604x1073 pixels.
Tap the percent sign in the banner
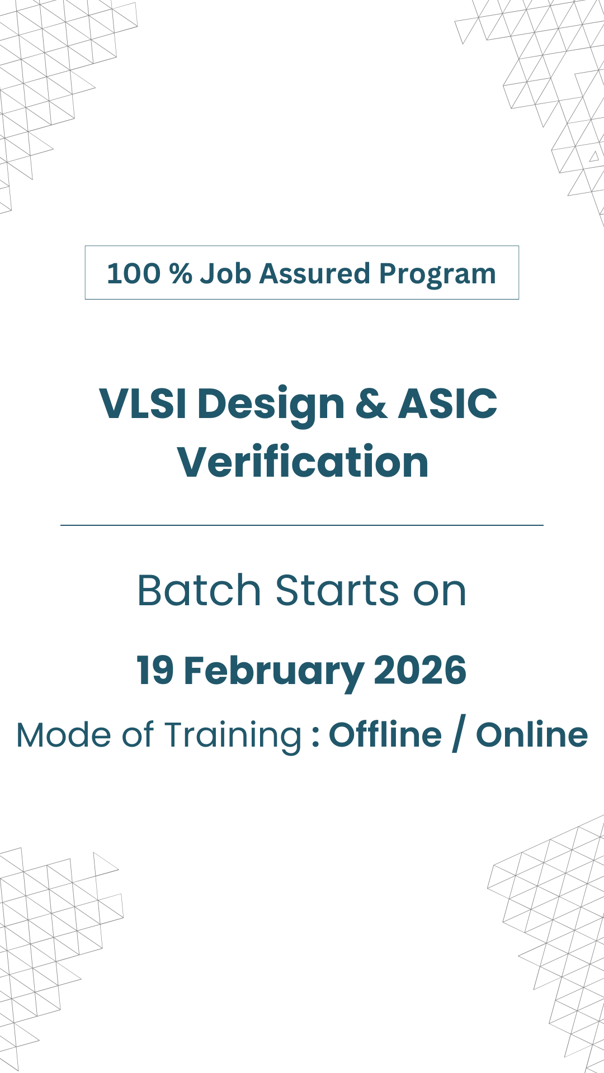[181, 274]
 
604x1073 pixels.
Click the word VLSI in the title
[143, 403]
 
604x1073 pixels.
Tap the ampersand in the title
[371, 403]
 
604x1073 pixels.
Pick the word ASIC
[447, 403]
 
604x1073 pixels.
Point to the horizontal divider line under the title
[302, 525]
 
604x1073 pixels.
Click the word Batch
[199, 590]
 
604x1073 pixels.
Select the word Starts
[337, 590]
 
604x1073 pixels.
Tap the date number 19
[154, 670]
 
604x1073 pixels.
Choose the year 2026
[420, 670]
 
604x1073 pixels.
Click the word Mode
[64, 734]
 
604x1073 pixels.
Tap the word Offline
[385, 734]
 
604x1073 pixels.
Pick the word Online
[532, 734]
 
